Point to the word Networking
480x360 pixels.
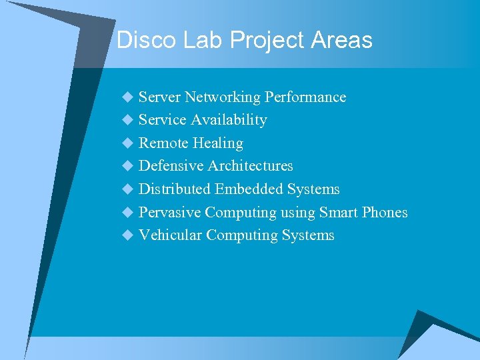223,97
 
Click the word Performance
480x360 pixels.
305,97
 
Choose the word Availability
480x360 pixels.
229,120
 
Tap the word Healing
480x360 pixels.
218,143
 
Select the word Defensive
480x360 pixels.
171,166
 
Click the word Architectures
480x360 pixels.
250,166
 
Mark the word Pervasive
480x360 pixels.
169,213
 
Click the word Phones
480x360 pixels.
385,213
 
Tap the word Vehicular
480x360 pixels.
170,235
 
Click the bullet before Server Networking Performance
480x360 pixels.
128,98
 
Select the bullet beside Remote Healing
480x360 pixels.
128,143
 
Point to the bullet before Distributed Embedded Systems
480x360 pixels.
128,189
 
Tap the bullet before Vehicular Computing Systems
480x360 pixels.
128,235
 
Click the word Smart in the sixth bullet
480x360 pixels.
338,213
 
